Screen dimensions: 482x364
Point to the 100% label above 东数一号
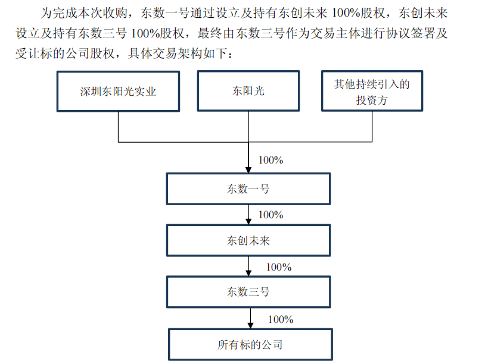270,160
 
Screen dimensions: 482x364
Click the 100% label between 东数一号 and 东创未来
270,215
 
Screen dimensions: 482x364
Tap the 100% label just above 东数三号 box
279,267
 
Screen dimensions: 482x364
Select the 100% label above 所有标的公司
281,319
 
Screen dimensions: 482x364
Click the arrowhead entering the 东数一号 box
248,170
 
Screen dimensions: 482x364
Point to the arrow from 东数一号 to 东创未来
248,215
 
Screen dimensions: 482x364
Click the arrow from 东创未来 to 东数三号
248,266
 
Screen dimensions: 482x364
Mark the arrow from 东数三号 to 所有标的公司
250,318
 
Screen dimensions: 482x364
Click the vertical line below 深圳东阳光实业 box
119,127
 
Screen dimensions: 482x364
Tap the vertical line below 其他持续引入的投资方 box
372,127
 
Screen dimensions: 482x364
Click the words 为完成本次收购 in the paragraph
83,13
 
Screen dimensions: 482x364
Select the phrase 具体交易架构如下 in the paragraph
178,54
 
